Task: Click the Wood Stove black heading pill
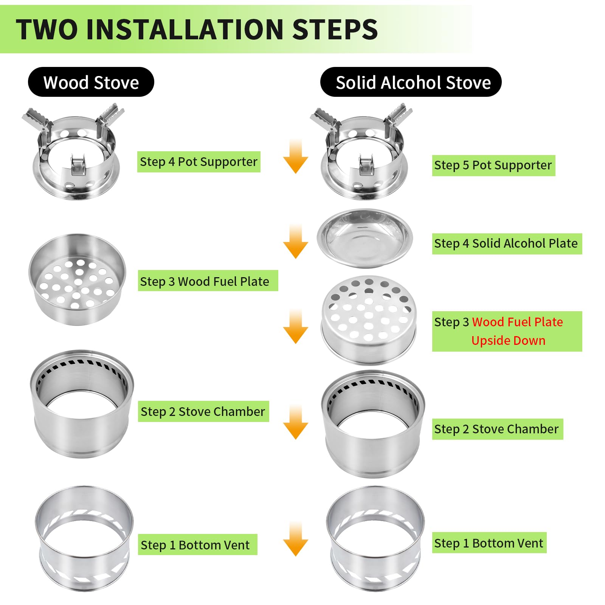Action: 91,82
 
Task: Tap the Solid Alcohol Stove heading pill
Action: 411,82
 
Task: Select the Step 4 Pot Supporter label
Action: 199,162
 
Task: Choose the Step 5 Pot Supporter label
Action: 493,165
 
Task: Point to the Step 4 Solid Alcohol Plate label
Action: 507,244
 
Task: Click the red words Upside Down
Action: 508,340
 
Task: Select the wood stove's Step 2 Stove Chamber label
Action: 203,411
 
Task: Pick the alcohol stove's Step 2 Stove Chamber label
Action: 498,429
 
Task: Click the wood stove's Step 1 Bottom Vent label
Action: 197,544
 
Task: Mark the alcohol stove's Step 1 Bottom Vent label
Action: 489,543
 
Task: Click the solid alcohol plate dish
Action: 365,238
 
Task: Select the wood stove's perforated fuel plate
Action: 77,279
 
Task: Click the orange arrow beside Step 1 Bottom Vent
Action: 296,538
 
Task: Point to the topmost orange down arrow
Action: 296,156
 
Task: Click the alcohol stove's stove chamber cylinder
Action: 373,423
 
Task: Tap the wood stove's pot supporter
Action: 74,153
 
